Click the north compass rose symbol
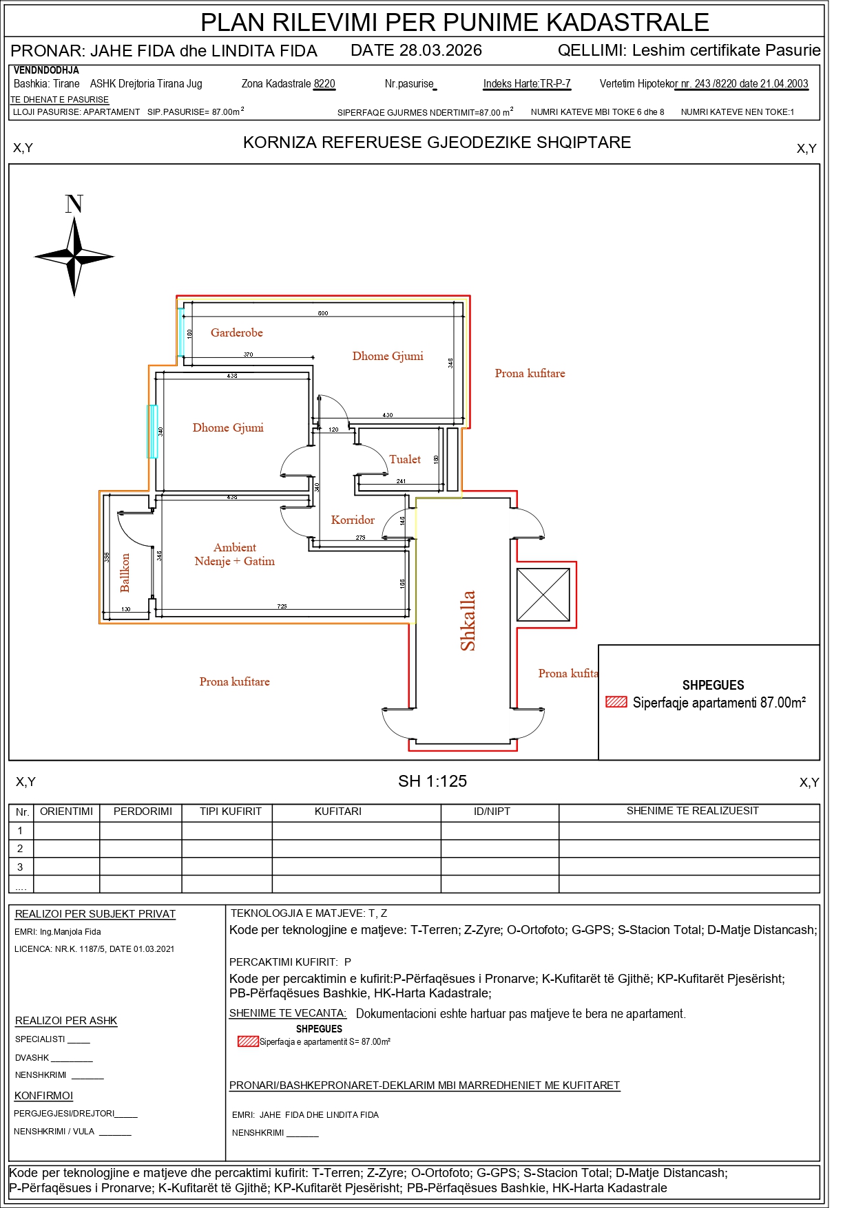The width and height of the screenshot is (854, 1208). pyautogui.click(x=74, y=257)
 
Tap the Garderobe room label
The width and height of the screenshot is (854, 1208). pyautogui.click(x=237, y=332)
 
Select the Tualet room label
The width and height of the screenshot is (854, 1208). pyautogui.click(x=405, y=459)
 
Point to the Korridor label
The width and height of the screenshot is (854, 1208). pyautogui.click(x=353, y=520)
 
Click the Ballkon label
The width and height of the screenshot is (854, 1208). pyautogui.click(x=125, y=573)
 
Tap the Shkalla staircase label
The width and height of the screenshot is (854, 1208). pyautogui.click(x=468, y=620)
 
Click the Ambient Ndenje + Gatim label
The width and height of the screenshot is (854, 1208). pyautogui.click(x=235, y=554)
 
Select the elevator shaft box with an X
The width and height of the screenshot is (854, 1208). pyautogui.click(x=543, y=594)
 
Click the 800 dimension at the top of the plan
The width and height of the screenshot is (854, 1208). pyautogui.click(x=323, y=313)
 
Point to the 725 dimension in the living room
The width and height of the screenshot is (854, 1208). pyautogui.click(x=282, y=606)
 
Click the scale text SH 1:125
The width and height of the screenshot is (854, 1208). pyautogui.click(x=433, y=781)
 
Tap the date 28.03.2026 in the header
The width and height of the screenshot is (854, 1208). pyautogui.click(x=416, y=50)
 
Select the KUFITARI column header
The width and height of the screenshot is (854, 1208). pyautogui.click(x=337, y=812)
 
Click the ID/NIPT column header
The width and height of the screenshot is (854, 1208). pyautogui.click(x=492, y=812)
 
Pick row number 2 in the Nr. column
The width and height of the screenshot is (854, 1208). pyautogui.click(x=20, y=848)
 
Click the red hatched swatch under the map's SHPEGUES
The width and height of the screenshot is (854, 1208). pyautogui.click(x=616, y=702)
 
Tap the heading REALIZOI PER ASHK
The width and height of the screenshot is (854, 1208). pyautogui.click(x=66, y=1021)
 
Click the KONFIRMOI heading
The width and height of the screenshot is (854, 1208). pyautogui.click(x=43, y=1096)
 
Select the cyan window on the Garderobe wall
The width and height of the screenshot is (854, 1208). pyautogui.click(x=181, y=332)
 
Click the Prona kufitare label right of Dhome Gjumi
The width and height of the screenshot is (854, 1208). pyautogui.click(x=530, y=373)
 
